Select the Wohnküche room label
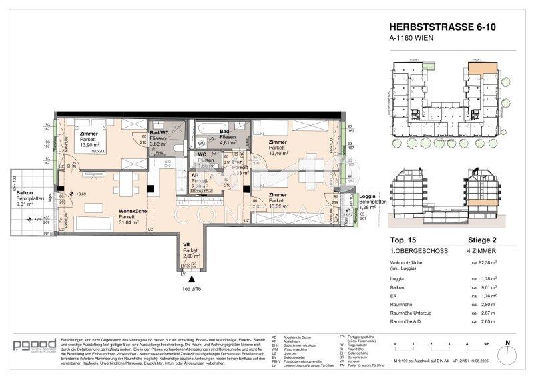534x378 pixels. pos(133,211)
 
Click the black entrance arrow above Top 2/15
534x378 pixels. pos(192,278)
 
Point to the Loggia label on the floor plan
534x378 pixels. pos(369,194)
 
